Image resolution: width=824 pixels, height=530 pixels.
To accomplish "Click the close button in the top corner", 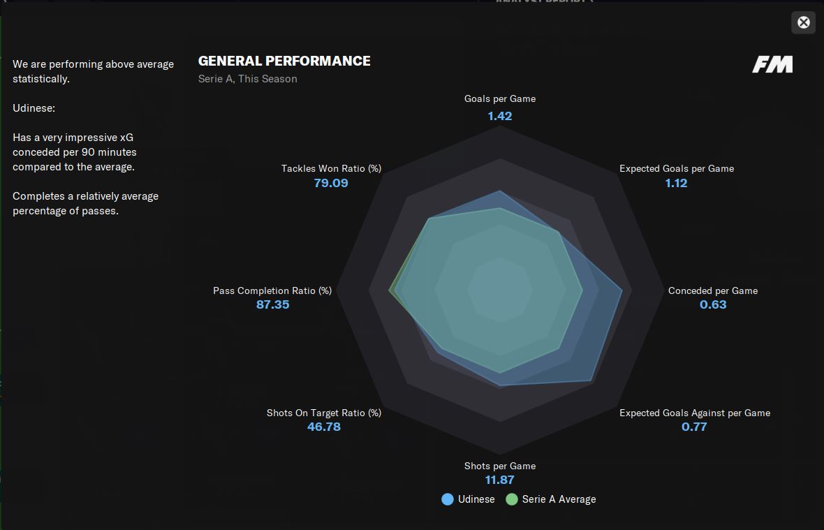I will pyautogui.click(x=803, y=22).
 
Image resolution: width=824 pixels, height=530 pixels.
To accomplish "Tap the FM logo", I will pyautogui.click(x=772, y=65).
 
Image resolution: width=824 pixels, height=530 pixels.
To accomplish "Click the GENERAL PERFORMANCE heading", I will pyautogui.click(x=284, y=61).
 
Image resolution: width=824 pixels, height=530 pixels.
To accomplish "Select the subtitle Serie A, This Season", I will pyautogui.click(x=247, y=79).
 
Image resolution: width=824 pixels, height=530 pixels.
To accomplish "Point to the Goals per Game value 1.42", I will pyautogui.click(x=500, y=116).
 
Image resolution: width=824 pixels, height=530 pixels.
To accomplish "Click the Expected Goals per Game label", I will pyautogui.click(x=676, y=168).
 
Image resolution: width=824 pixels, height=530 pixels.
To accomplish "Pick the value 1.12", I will pyautogui.click(x=676, y=183).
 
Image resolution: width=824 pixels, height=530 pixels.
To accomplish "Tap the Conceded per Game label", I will pyautogui.click(x=712, y=290).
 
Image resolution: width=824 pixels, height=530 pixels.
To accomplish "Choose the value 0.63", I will pyautogui.click(x=713, y=304).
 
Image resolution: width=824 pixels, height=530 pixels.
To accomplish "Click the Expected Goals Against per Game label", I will pyautogui.click(x=694, y=413).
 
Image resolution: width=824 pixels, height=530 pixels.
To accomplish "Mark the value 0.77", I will pyautogui.click(x=694, y=427).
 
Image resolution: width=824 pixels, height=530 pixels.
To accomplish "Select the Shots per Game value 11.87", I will pyautogui.click(x=500, y=480).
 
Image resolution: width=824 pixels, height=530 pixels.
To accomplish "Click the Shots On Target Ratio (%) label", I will pyautogui.click(x=324, y=413).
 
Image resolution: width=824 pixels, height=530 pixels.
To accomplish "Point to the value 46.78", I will pyautogui.click(x=324, y=427).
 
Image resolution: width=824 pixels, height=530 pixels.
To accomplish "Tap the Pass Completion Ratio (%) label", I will pyautogui.click(x=272, y=290).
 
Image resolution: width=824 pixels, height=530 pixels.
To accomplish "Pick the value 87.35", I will pyautogui.click(x=272, y=304).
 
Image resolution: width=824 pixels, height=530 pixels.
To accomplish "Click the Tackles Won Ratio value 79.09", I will pyautogui.click(x=331, y=183).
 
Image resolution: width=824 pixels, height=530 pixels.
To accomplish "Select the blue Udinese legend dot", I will pyautogui.click(x=448, y=499).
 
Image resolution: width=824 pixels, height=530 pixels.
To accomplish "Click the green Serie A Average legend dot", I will pyautogui.click(x=512, y=499).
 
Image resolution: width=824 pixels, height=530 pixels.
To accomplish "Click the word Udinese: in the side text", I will pyautogui.click(x=34, y=108).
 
